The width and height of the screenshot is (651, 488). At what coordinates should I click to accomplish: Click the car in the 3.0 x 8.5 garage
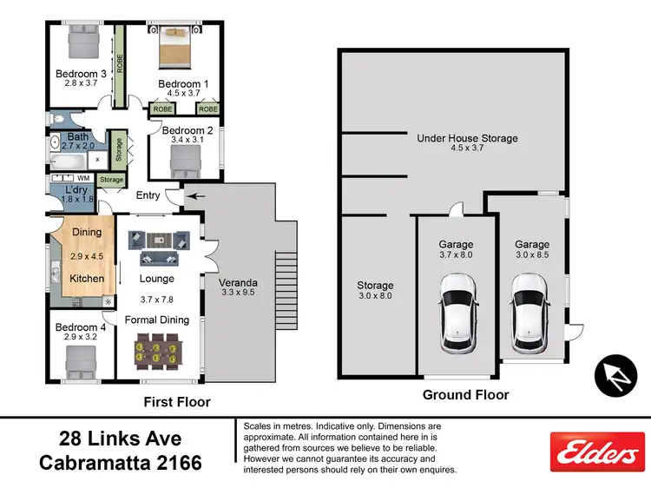pyautogui.click(x=528, y=315)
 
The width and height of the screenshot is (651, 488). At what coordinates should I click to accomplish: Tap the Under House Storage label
pyautogui.click(x=467, y=138)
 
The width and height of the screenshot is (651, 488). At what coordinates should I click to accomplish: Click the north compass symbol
pyautogui.click(x=615, y=373)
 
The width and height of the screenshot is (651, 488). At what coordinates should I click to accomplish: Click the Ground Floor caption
pyautogui.click(x=465, y=394)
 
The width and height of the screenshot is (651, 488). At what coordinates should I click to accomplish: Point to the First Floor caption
pyautogui.click(x=176, y=402)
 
